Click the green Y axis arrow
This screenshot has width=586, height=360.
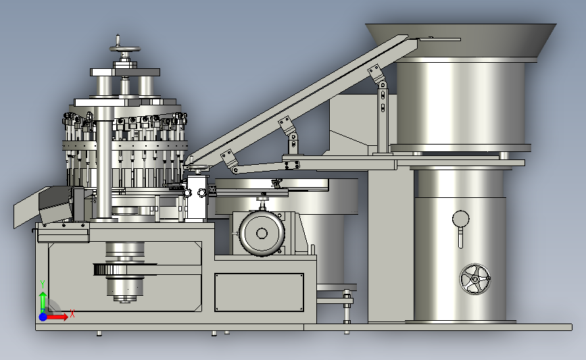(x=43, y=302)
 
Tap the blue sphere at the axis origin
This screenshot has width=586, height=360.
(x=43, y=317)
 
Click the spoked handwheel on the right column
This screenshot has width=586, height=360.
(x=475, y=279)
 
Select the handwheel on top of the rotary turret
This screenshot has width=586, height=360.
(x=125, y=49)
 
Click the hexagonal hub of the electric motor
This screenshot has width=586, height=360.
(x=262, y=234)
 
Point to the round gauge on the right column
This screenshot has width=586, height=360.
(x=460, y=218)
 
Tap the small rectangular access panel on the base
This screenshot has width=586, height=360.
(x=259, y=292)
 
